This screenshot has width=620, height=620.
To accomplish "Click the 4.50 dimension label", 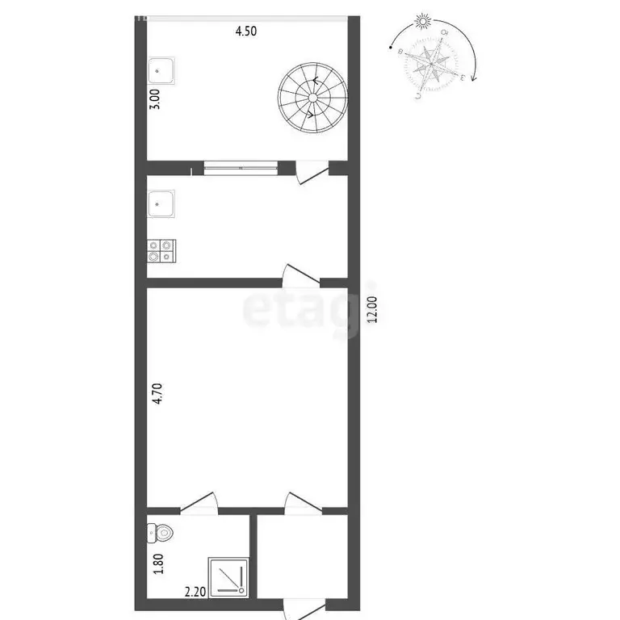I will [x=247, y=31].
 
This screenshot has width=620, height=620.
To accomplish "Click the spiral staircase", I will [x=313, y=95].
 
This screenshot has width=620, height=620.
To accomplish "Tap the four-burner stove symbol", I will [x=162, y=250].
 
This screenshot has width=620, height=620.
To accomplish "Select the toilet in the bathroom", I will [x=160, y=532].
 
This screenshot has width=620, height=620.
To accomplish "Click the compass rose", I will [x=429, y=64].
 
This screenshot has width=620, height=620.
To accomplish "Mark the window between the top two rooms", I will [x=240, y=168].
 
